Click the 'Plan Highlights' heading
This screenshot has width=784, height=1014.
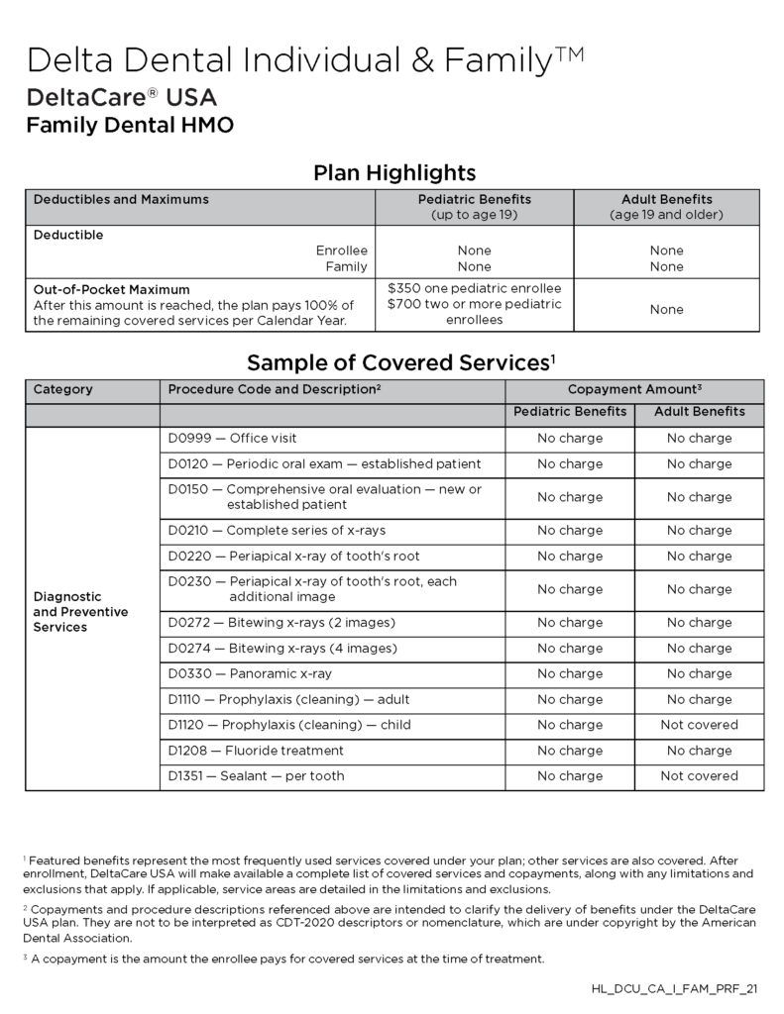click(x=394, y=173)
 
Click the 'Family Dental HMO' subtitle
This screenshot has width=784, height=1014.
click(x=130, y=126)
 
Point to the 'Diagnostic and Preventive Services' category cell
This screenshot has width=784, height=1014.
click(x=81, y=612)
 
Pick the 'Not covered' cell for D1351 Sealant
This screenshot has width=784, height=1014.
click(x=699, y=776)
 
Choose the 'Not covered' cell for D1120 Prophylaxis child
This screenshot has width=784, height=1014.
click(x=699, y=725)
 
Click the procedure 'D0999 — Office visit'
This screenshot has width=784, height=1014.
click(x=232, y=439)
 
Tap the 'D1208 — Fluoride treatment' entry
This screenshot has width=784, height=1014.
click(x=256, y=751)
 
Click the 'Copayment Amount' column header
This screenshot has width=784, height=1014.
click(x=634, y=390)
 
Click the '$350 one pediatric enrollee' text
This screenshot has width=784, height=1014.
click(x=474, y=287)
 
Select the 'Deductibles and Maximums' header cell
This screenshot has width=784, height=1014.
click(x=121, y=200)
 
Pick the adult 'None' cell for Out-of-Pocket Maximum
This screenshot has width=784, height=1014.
click(x=666, y=310)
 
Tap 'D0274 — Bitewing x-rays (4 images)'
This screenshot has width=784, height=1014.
click(x=282, y=649)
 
